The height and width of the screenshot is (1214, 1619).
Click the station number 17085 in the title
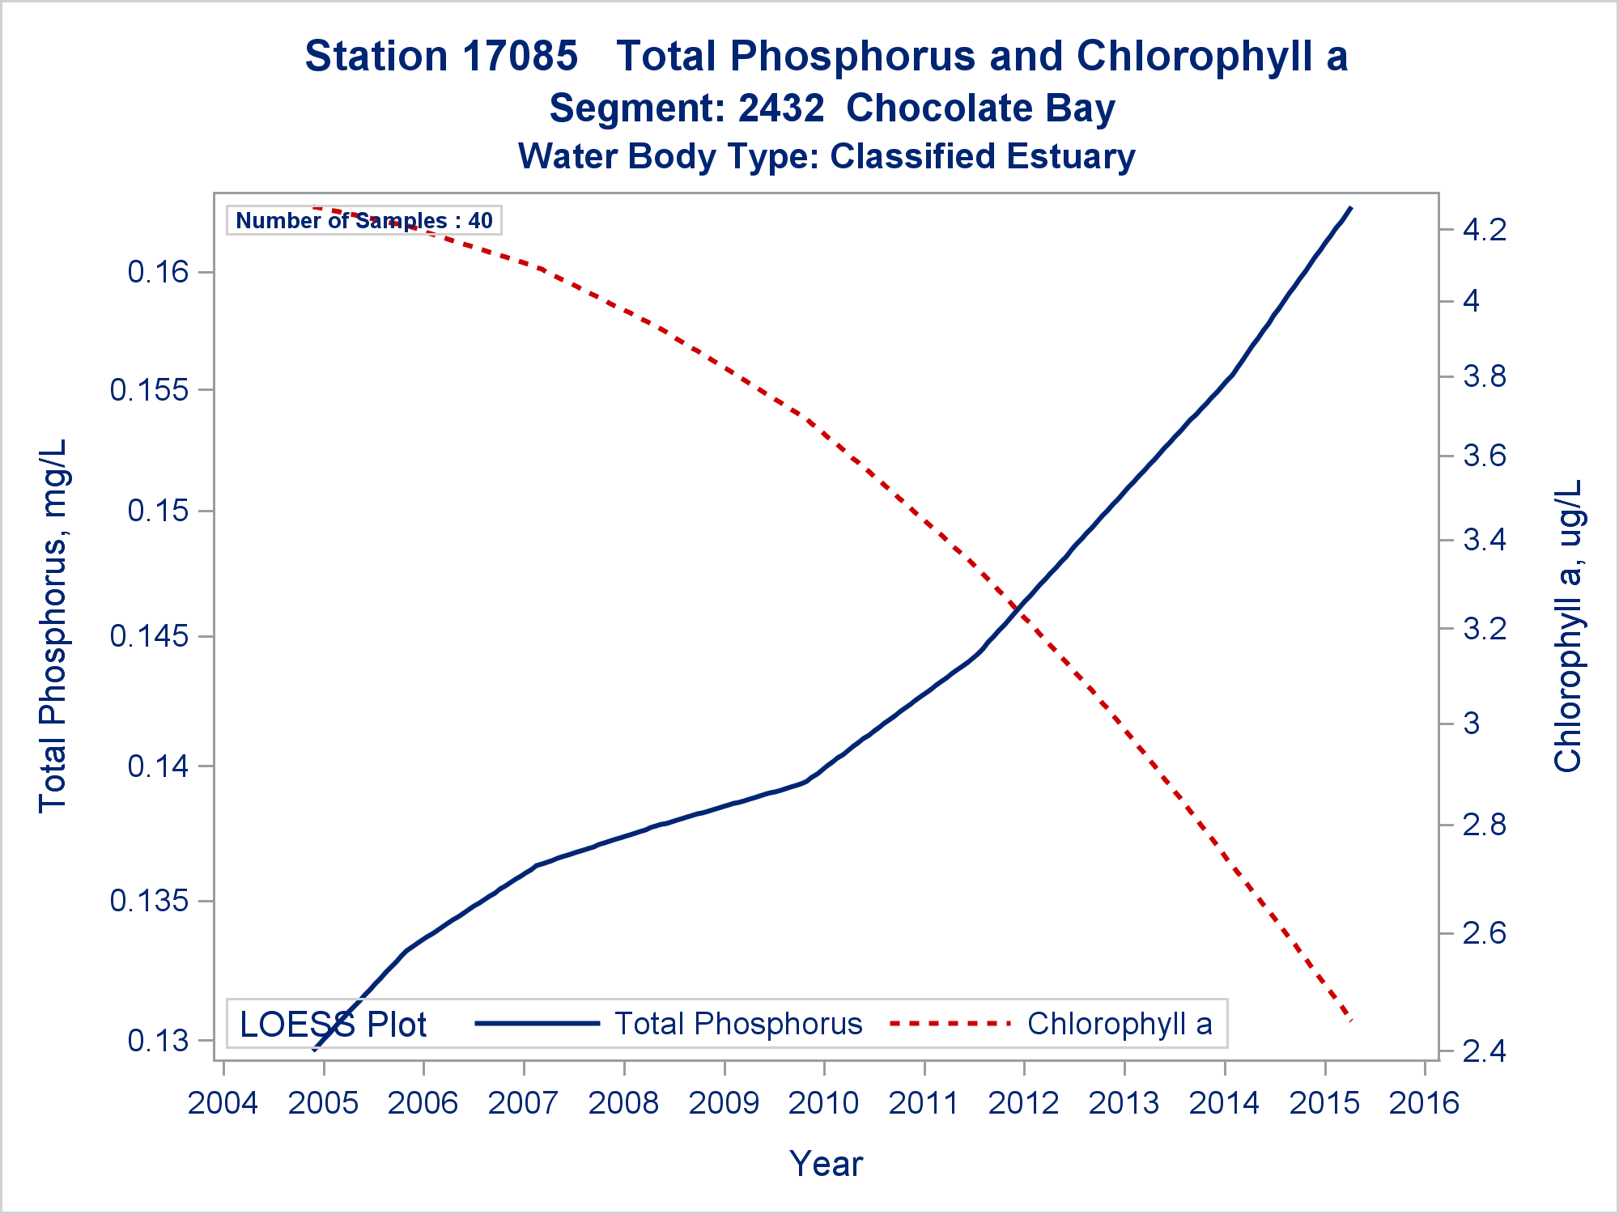point(521,57)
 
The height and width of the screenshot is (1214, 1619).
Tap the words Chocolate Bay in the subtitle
point(980,108)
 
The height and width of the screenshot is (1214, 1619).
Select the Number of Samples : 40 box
point(363,220)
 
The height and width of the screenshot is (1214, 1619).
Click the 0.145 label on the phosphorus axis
point(149,637)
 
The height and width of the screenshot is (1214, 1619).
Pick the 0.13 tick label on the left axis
point(158,1041)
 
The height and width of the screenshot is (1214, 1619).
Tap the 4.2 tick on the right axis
point(1485,231)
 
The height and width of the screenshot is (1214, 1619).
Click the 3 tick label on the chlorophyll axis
point(1472,724)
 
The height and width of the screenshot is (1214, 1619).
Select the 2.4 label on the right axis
point(1485,1051)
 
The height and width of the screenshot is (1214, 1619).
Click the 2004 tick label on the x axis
point(223,1103)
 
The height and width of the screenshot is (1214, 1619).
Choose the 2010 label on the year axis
point(823,1103)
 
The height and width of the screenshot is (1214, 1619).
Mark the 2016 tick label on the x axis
point(1424,1103)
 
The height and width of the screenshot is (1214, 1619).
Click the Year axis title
point(826,1164)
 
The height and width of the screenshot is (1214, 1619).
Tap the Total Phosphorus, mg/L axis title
point(53,626)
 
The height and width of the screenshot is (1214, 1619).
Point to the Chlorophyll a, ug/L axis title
point(1567,626)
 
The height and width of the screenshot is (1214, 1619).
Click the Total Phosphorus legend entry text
point(738,1024)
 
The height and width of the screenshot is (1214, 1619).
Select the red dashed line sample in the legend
point(950,1024)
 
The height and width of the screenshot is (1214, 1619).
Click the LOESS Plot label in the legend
point(333,1025)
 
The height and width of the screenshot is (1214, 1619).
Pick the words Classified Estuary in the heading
point(982,156)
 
